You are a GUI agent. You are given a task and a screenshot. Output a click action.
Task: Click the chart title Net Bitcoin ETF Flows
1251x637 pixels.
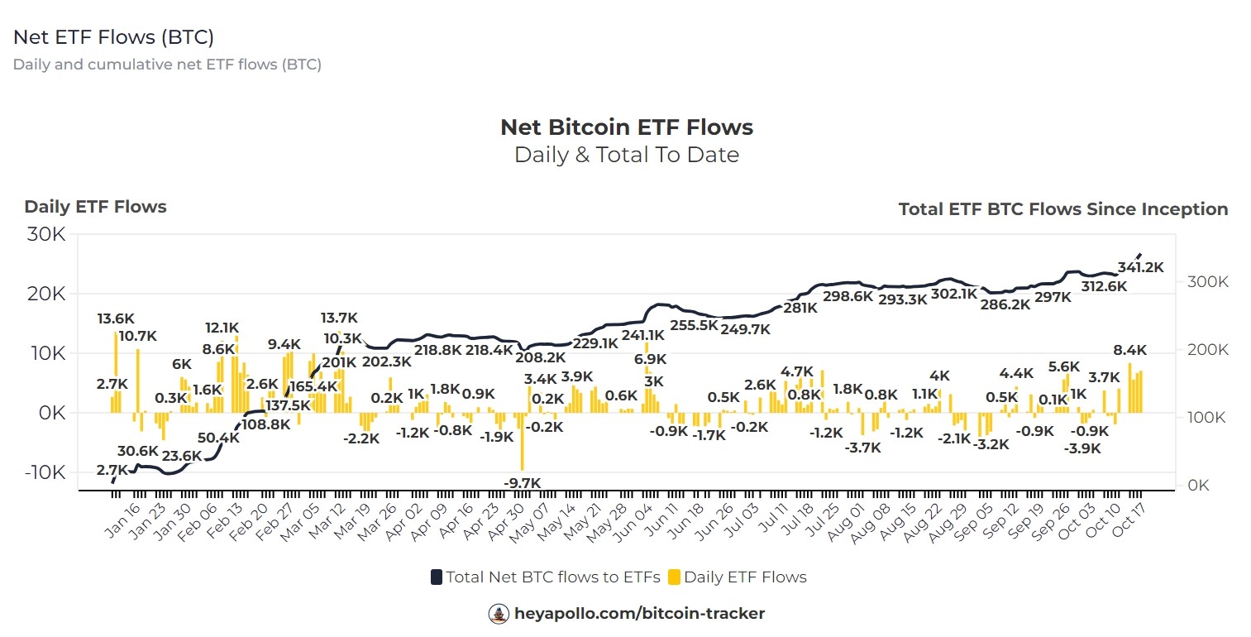click(627, 127)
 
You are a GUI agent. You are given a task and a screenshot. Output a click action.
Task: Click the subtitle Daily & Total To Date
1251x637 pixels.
click(627, 155)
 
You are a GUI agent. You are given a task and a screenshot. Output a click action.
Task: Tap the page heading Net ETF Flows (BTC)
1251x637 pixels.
click(114, 37)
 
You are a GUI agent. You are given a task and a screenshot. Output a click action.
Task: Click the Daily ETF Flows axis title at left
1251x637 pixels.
click(95, 207)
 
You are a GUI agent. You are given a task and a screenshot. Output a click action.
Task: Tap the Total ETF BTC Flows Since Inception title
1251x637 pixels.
click(1062, 209)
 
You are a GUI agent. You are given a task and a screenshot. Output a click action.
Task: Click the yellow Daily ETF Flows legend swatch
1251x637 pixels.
click(674, 577)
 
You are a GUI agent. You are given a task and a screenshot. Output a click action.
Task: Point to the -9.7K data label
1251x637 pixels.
click(522, 482)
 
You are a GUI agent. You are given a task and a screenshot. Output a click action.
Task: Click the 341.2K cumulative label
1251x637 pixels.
click(1139, 267)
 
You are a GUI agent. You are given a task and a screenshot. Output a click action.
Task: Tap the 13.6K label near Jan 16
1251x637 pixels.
click(116, 318)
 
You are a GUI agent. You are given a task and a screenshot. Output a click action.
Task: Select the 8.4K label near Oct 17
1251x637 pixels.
click(1129, 350)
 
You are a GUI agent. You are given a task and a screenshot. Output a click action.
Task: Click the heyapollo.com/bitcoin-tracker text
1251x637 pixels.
click(638, 614)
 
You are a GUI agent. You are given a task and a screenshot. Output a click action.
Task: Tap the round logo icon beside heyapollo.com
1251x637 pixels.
click(499, 614)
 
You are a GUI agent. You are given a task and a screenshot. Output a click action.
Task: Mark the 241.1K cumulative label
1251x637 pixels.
click(643, 335)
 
